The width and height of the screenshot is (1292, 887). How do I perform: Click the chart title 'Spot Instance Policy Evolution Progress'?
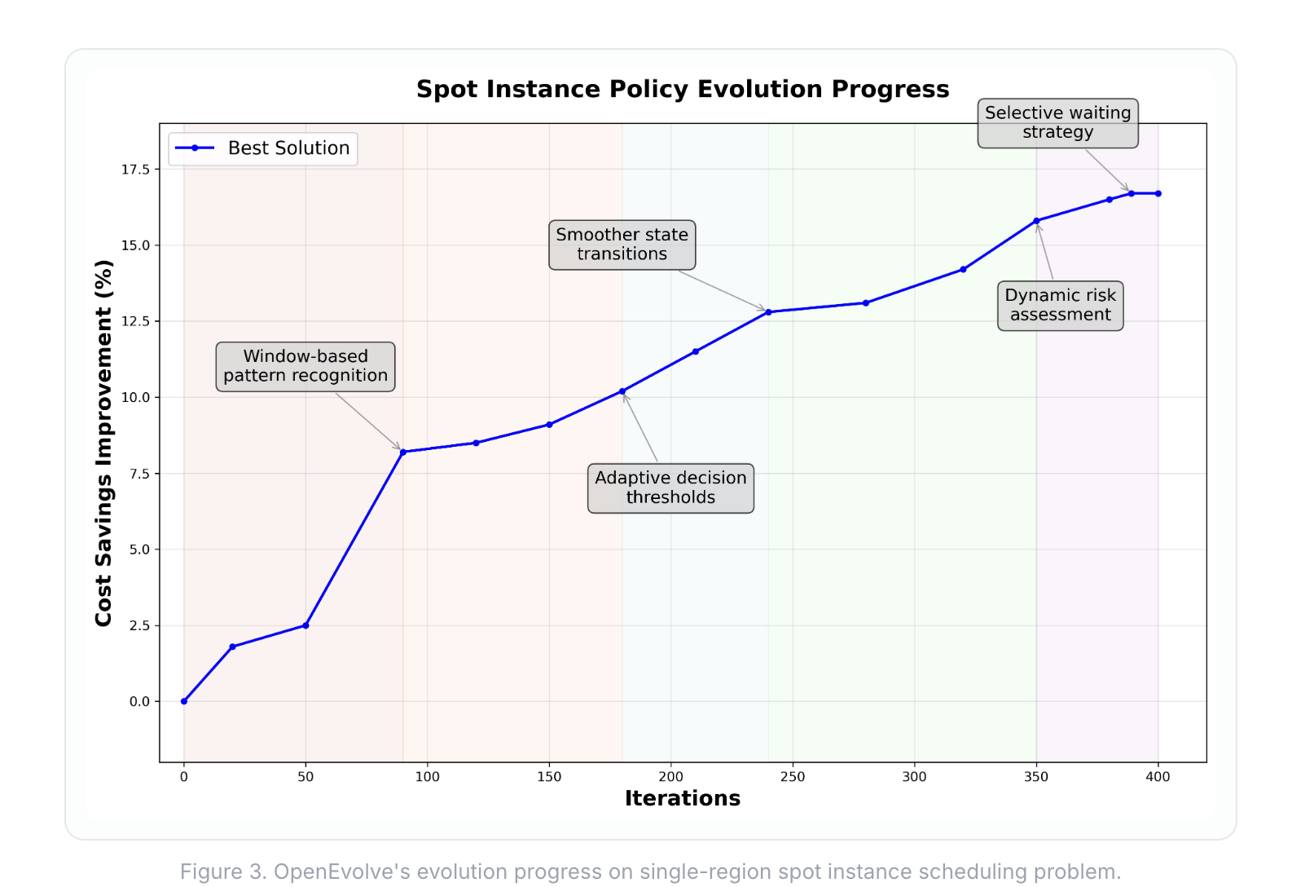[683, 89]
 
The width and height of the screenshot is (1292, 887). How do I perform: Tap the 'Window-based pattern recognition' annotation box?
[305, 366]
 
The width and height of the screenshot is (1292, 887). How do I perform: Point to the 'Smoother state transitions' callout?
[622, 245]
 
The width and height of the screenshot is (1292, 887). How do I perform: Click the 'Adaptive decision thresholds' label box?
[670, 488]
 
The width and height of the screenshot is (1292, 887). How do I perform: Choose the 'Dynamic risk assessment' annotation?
[1060, 305]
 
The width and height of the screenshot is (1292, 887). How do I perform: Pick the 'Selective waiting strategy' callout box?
[1057, 123]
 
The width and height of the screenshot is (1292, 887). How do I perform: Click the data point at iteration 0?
[184, 701]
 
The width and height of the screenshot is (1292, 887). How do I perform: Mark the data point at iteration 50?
[305, 625]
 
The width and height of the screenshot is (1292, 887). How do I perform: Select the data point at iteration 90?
[403, 452]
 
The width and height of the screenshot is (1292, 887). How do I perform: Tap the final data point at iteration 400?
[1158, 193]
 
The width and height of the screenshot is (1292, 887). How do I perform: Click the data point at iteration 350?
[1036, 221]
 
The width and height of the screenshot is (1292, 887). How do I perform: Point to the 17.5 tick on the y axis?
[135, 170]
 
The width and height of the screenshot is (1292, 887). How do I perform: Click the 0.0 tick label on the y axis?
[139, 701]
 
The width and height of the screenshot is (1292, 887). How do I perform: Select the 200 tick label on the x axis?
[670, 777]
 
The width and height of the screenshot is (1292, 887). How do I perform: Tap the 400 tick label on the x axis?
[1158, 777]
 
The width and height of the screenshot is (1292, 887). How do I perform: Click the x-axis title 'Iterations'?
[683, 798]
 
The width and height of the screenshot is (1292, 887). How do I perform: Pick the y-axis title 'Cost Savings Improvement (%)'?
[103, 443]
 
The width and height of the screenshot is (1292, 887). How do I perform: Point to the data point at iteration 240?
[768, 312]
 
